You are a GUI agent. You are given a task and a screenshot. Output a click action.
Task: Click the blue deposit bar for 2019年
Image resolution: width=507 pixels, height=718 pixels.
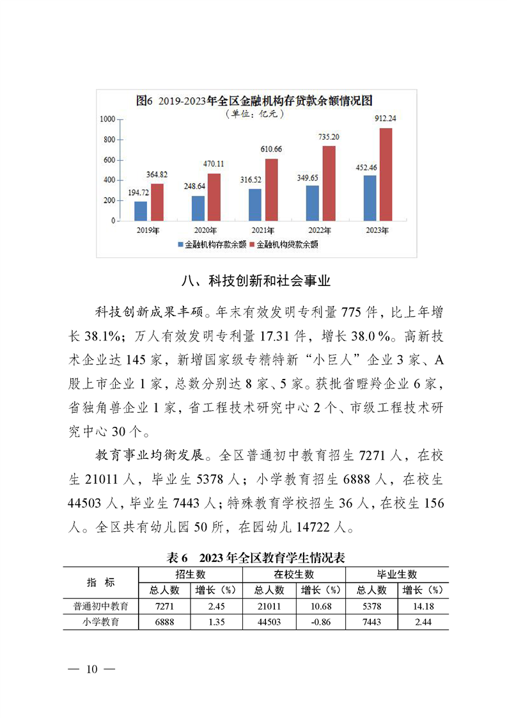click(141, 211)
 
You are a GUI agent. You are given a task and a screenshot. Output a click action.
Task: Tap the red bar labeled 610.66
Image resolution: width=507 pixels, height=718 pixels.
click(271, 189)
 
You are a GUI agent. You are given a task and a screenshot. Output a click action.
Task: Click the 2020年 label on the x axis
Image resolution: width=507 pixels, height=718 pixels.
click(205, 230)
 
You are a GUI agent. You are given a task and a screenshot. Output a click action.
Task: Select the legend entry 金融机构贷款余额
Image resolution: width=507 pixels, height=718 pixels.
click(283, 244)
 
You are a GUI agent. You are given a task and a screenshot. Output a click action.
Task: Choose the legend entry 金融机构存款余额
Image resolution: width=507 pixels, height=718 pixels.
click(210, 244)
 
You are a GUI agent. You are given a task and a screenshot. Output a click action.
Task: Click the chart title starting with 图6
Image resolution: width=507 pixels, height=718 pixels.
click(254, 101)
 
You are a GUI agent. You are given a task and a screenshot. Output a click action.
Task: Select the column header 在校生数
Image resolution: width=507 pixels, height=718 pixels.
click(293, 574)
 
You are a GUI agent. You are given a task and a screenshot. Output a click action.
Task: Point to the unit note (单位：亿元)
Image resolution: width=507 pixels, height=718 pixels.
click(254, 114)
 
